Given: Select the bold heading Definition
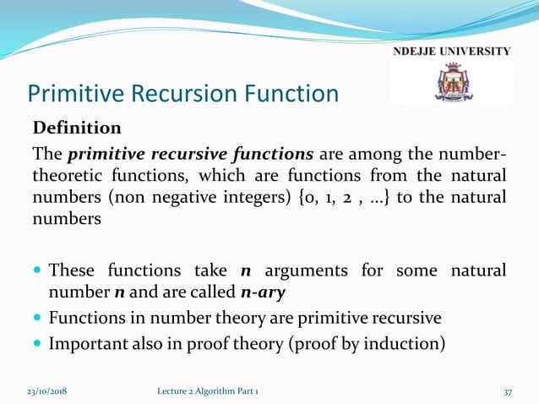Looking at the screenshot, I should pyautogui.click(x=77, y=128).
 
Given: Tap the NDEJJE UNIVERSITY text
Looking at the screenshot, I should pyautogui.click(x=452, y=52).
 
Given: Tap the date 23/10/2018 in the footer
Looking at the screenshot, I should pyautogui.click(x=46, y=391).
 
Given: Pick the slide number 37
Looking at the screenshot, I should pyautogui.click(x=509, y=391).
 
